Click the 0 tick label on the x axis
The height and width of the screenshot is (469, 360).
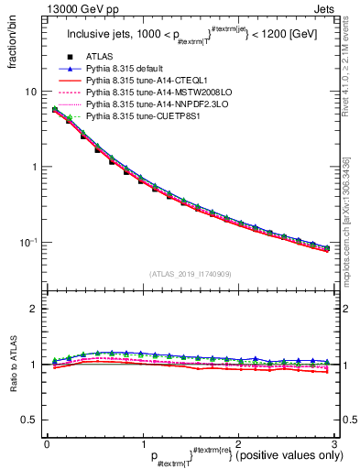point(47,443)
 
